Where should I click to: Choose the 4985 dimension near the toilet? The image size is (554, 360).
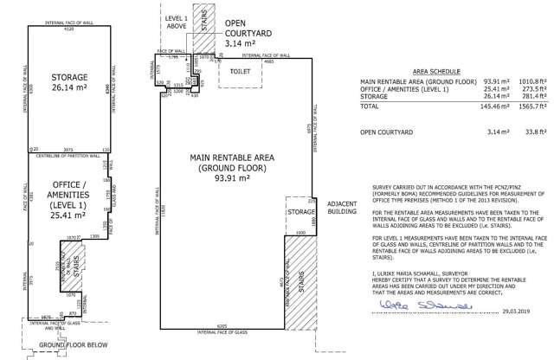coord(269,61)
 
